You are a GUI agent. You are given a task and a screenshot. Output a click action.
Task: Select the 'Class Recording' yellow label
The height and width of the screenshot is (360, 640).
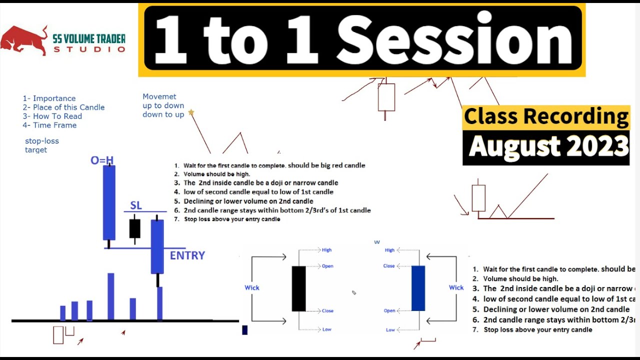coord(546,116)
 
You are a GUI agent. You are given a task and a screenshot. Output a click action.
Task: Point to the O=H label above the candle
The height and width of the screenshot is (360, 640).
coord(102,160)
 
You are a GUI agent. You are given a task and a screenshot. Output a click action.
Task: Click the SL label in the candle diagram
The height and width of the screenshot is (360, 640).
coord(136,205)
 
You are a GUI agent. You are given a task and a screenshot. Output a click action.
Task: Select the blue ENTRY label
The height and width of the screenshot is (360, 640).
coord(187,255)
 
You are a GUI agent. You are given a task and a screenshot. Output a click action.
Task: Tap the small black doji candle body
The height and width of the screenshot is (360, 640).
coord(134,228)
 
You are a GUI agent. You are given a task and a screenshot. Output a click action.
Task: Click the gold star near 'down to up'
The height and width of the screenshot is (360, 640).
coord(190,112)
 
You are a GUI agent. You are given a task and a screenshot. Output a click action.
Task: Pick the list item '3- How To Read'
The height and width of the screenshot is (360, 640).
coord(52,116)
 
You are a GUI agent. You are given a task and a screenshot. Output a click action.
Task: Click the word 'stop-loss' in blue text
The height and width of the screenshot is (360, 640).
coord(42,141)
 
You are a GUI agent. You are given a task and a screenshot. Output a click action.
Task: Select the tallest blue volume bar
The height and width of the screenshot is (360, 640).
coord(111,296)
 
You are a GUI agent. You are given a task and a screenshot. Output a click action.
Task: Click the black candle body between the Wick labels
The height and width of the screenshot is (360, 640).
coord(298,288)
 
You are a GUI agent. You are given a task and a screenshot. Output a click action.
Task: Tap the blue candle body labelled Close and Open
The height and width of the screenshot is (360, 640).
coord(418,288)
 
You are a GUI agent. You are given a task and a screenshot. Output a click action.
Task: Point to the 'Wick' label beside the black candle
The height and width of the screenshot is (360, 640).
coord(252,287)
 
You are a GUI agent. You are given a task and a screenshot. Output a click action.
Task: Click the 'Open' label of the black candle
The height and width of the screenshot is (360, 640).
coord(327,266)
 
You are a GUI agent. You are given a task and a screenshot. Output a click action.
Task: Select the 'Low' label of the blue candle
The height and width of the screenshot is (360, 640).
coord(390,330)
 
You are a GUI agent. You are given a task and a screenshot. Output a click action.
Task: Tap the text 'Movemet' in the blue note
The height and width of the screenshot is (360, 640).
coord(159,96)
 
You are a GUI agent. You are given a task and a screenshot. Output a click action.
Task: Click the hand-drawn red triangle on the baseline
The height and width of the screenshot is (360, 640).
coord(498,212)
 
